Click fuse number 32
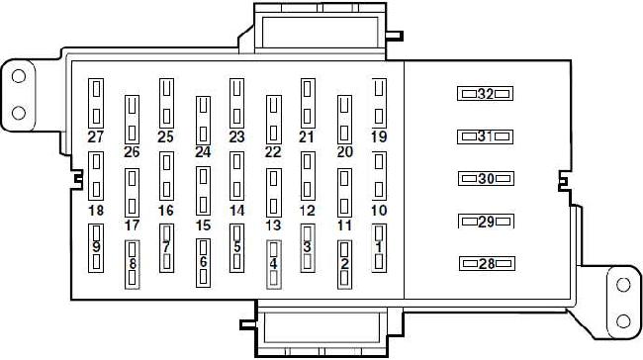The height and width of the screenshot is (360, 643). click(485, 94)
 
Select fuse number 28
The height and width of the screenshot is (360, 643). click(487, 264)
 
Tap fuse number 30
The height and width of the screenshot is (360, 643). click(486, 179)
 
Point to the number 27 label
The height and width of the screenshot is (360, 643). click(96, 136)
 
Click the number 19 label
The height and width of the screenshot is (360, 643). click(379, 136)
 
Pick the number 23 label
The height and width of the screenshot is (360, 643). click(236, 136)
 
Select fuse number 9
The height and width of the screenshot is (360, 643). click(96, 248)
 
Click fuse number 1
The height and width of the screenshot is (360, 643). click(379, 248)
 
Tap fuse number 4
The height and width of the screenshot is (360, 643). click(274, 264)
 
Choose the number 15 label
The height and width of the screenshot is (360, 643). click(203, 225)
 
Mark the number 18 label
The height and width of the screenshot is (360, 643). click(96, 211)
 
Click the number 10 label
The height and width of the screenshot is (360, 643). click(379, 211)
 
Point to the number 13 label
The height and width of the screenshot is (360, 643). click(273, 225)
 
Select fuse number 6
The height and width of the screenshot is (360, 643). click(204, 263)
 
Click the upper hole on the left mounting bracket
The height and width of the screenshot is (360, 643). click(19, 76)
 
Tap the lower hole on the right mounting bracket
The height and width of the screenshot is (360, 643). click(623, 321)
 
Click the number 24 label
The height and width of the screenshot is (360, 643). click(203, 152)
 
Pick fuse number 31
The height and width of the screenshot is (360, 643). click(485, 136)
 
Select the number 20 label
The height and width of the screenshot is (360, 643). click(345, 152)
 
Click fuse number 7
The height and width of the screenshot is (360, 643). click(166, 248)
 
